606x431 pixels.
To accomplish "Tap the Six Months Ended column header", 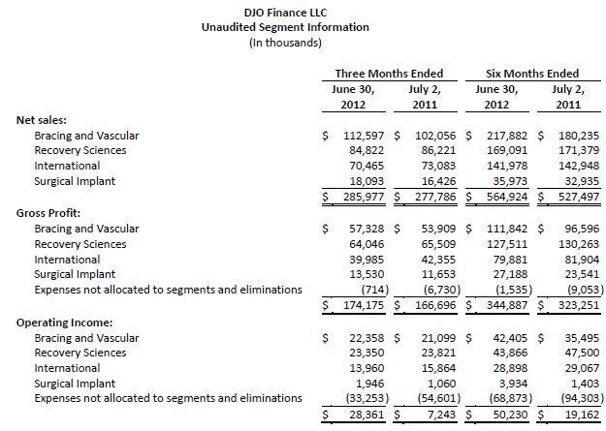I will (533, 73).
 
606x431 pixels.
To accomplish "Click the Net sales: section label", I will (42, 120).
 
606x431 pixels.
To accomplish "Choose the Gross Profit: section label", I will (49, 212).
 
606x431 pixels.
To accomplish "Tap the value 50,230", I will (511, 415).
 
